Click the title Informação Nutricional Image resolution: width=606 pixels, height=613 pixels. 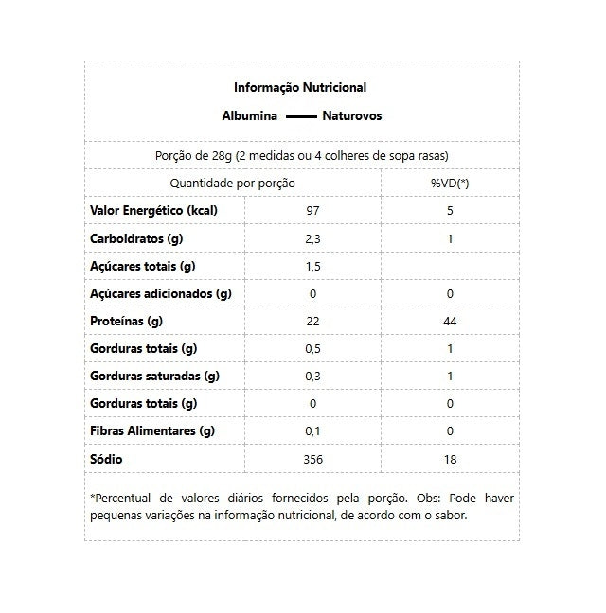click(x=300, y=88)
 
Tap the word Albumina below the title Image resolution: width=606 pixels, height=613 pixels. click(x=249, y=117)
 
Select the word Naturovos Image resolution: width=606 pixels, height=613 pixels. click(x=352, y=117)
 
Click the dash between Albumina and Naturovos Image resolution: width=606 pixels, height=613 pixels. click(x=299, y=118)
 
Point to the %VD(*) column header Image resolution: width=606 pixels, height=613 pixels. click(x=450, y=183)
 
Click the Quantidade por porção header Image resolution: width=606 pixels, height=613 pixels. click(x=232, y=183)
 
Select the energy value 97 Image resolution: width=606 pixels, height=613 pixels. click(x=313, y=210)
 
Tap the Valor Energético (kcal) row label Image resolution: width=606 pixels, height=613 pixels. click(x=153, y=210)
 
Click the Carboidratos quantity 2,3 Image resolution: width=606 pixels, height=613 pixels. click(x=313, y=238)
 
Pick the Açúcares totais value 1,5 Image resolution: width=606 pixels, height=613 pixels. click(x=313, y=266)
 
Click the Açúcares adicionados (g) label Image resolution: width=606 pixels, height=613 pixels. click(x=160, y=293)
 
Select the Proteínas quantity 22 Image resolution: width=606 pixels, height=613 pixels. click(x=313, y=321)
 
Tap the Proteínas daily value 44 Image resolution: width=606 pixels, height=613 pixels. click(x=450, y=321)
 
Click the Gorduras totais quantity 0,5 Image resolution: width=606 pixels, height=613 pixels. click(x=313, y=348)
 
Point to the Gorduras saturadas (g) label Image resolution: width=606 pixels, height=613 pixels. click(x=153, y=376)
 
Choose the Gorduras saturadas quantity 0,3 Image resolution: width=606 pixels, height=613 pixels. click(x=313, y=376)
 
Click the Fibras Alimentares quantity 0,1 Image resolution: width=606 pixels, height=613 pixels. click(x=313, y=431)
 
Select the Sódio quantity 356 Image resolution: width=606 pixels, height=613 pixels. click(x=313, y=459)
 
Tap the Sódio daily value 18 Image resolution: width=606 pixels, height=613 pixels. click(x=450, y=459)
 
